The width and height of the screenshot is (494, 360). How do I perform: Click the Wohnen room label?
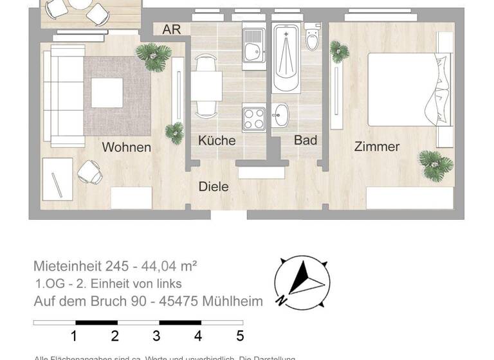(127, 147)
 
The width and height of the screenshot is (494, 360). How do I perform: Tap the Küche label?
(217, 140)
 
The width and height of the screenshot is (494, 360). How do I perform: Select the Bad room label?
(306, 139)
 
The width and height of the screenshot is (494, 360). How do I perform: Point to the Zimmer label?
(377, 147)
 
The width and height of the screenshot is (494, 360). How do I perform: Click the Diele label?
(214, 186)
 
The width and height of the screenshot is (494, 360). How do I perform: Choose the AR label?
(172, 30)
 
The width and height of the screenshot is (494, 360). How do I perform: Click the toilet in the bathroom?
(313, 39)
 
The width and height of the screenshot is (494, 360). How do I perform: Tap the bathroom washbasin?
(280, 116)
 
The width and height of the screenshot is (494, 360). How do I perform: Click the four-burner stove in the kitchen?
(253, 118)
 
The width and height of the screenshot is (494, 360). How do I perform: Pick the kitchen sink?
(253, 44)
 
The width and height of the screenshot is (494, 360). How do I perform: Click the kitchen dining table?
(206, 86)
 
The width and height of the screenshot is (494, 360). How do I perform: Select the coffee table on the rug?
(107, 93)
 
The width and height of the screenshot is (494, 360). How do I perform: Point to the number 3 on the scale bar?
(156, 336)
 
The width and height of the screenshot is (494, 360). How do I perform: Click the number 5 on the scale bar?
(240, 336)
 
